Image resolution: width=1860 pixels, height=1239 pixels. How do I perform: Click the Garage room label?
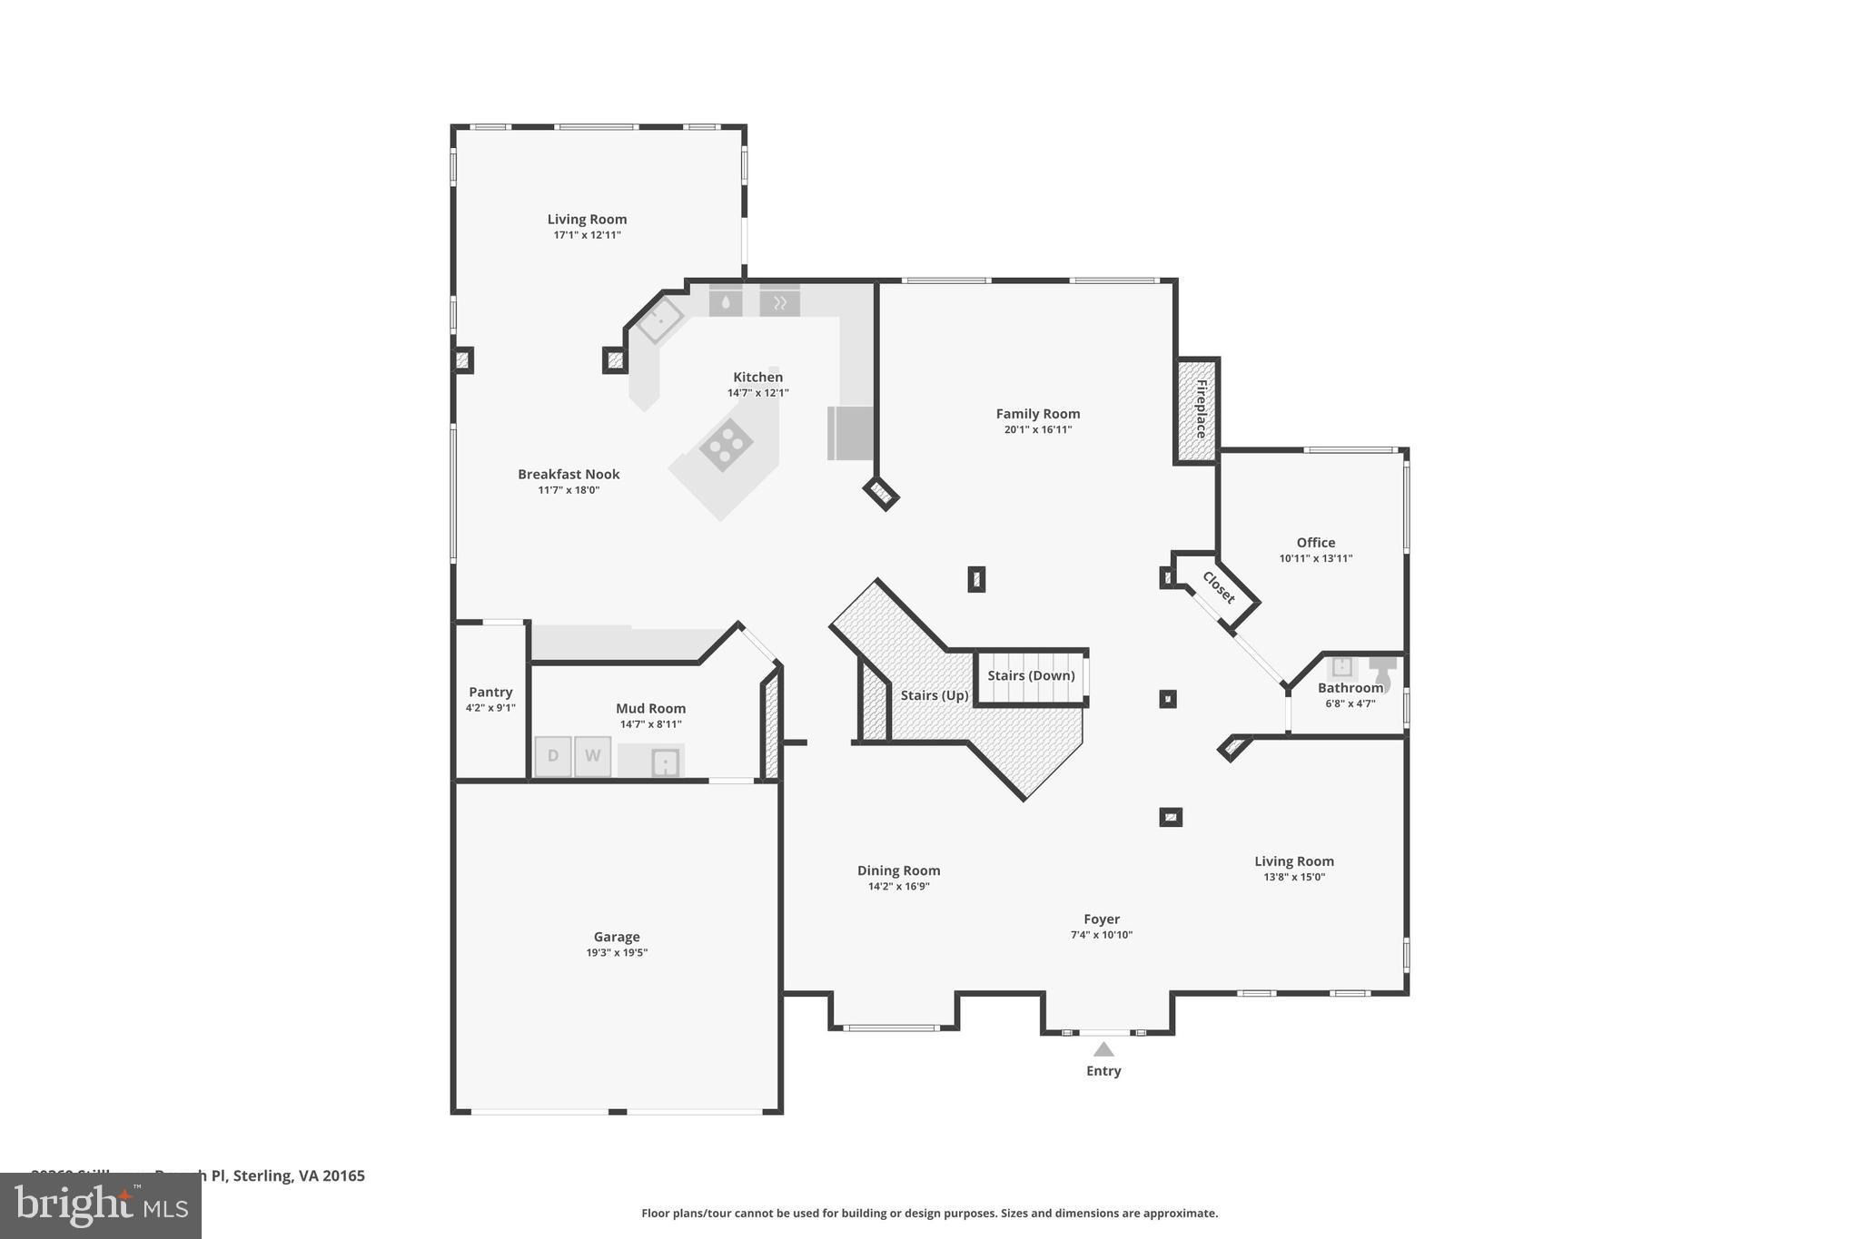617,937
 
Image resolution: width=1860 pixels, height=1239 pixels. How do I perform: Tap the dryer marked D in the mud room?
552,756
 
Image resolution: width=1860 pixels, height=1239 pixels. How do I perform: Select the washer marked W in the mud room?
592,756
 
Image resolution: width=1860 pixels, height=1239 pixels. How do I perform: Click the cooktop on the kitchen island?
726,444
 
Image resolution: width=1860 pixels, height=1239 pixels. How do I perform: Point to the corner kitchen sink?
660,320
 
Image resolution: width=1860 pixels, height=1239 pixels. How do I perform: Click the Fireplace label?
1201,409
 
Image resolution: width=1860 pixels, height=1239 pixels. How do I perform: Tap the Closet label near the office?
1218,587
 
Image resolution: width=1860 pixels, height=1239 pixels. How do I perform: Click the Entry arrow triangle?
1103,1049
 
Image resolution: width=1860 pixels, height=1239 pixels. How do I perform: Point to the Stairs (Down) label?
1031,675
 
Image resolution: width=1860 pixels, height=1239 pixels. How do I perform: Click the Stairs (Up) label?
935,695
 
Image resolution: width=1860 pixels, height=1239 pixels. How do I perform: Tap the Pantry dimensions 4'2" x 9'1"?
490,708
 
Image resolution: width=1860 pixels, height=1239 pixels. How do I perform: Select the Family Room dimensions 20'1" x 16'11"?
1038,430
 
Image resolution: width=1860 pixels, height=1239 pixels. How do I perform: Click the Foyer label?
1102,919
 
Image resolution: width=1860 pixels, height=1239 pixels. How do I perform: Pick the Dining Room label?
898,870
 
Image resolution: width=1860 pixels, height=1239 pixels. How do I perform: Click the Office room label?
1315,543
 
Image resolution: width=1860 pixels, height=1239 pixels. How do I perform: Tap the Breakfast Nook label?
569,474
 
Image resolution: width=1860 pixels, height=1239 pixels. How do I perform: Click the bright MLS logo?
101,1205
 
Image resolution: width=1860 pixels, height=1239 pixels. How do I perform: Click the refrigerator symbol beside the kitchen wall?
850,433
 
